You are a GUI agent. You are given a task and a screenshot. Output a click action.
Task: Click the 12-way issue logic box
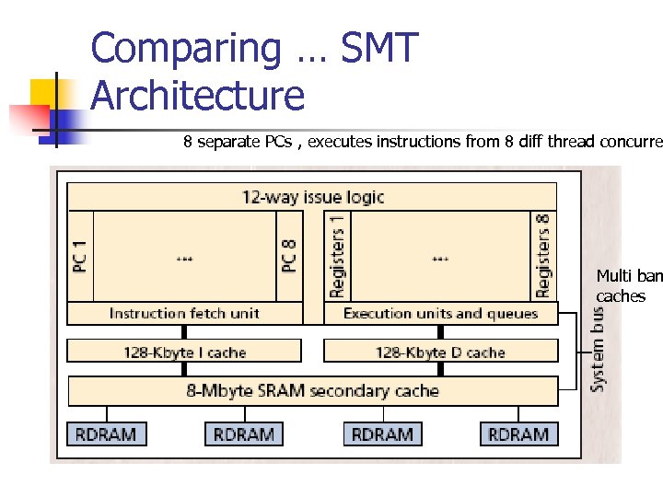tap(312, 196)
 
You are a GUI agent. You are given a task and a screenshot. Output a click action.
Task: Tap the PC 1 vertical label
tap(81, 255)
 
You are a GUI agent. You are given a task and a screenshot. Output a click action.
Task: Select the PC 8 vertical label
tap(290, 255)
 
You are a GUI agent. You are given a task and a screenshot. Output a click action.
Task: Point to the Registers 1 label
tap(337, 255)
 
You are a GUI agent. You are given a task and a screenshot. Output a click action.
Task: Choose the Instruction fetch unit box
tap(184, 314)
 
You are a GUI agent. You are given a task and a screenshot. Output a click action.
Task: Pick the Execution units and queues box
tap(441, 314)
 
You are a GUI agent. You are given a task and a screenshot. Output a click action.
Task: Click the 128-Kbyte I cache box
tap(184, 352)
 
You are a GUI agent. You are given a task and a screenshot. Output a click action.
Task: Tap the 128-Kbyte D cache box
tap(441, 352)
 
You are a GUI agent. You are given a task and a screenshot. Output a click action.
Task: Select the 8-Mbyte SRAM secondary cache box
tap(312, 391)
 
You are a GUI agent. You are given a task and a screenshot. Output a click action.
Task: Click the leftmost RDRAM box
tap(107, 434)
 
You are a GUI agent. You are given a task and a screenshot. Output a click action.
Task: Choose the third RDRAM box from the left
tap(382, 434)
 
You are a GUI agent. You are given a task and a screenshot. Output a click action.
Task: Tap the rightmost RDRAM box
tap(518, 434)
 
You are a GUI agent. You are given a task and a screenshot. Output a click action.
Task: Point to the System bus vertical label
tap(598, 348)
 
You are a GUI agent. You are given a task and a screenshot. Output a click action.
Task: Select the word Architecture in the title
tap(198, 95)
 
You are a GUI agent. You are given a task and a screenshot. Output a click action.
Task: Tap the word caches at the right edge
tap(621, 296)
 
